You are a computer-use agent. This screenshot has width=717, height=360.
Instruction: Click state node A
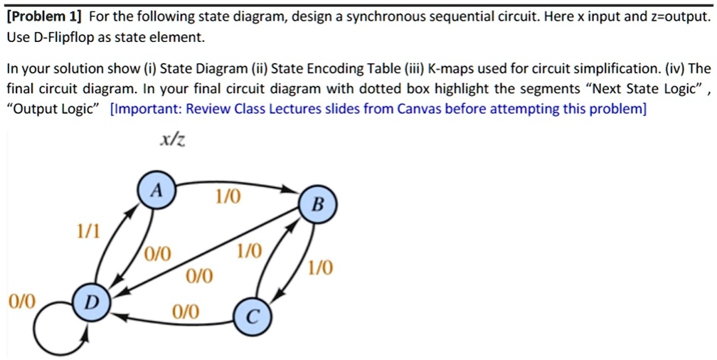click(156, 191)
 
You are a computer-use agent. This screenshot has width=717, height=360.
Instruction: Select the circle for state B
click(318, 205)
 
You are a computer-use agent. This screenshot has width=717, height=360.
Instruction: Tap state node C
click(253, 315)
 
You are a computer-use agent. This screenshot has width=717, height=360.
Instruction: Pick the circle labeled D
click(92, 302)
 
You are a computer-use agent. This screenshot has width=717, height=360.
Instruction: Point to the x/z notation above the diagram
click(172, 140)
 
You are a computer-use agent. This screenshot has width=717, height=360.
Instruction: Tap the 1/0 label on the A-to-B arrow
click(228, 197)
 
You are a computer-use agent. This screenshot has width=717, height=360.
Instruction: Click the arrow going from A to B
click(235, 183)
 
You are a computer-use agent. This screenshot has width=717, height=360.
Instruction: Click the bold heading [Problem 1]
click(45, 18)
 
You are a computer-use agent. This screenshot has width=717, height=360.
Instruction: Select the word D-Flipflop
click(65, 38)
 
